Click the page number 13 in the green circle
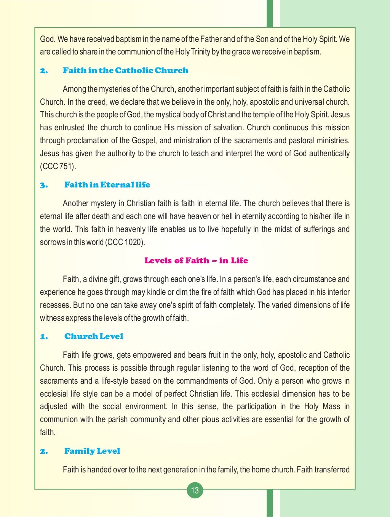coord(195,490)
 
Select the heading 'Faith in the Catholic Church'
coord(125,70)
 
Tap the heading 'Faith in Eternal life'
coord(107,185)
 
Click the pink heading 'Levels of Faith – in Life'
coord(196,261)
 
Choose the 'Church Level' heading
coord(94,336)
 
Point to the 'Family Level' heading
coord(92,451)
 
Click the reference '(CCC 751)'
coord(58,166)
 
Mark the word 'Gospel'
coord(144,141)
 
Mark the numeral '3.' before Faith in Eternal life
coord(44,185)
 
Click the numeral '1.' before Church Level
coord(44,337)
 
